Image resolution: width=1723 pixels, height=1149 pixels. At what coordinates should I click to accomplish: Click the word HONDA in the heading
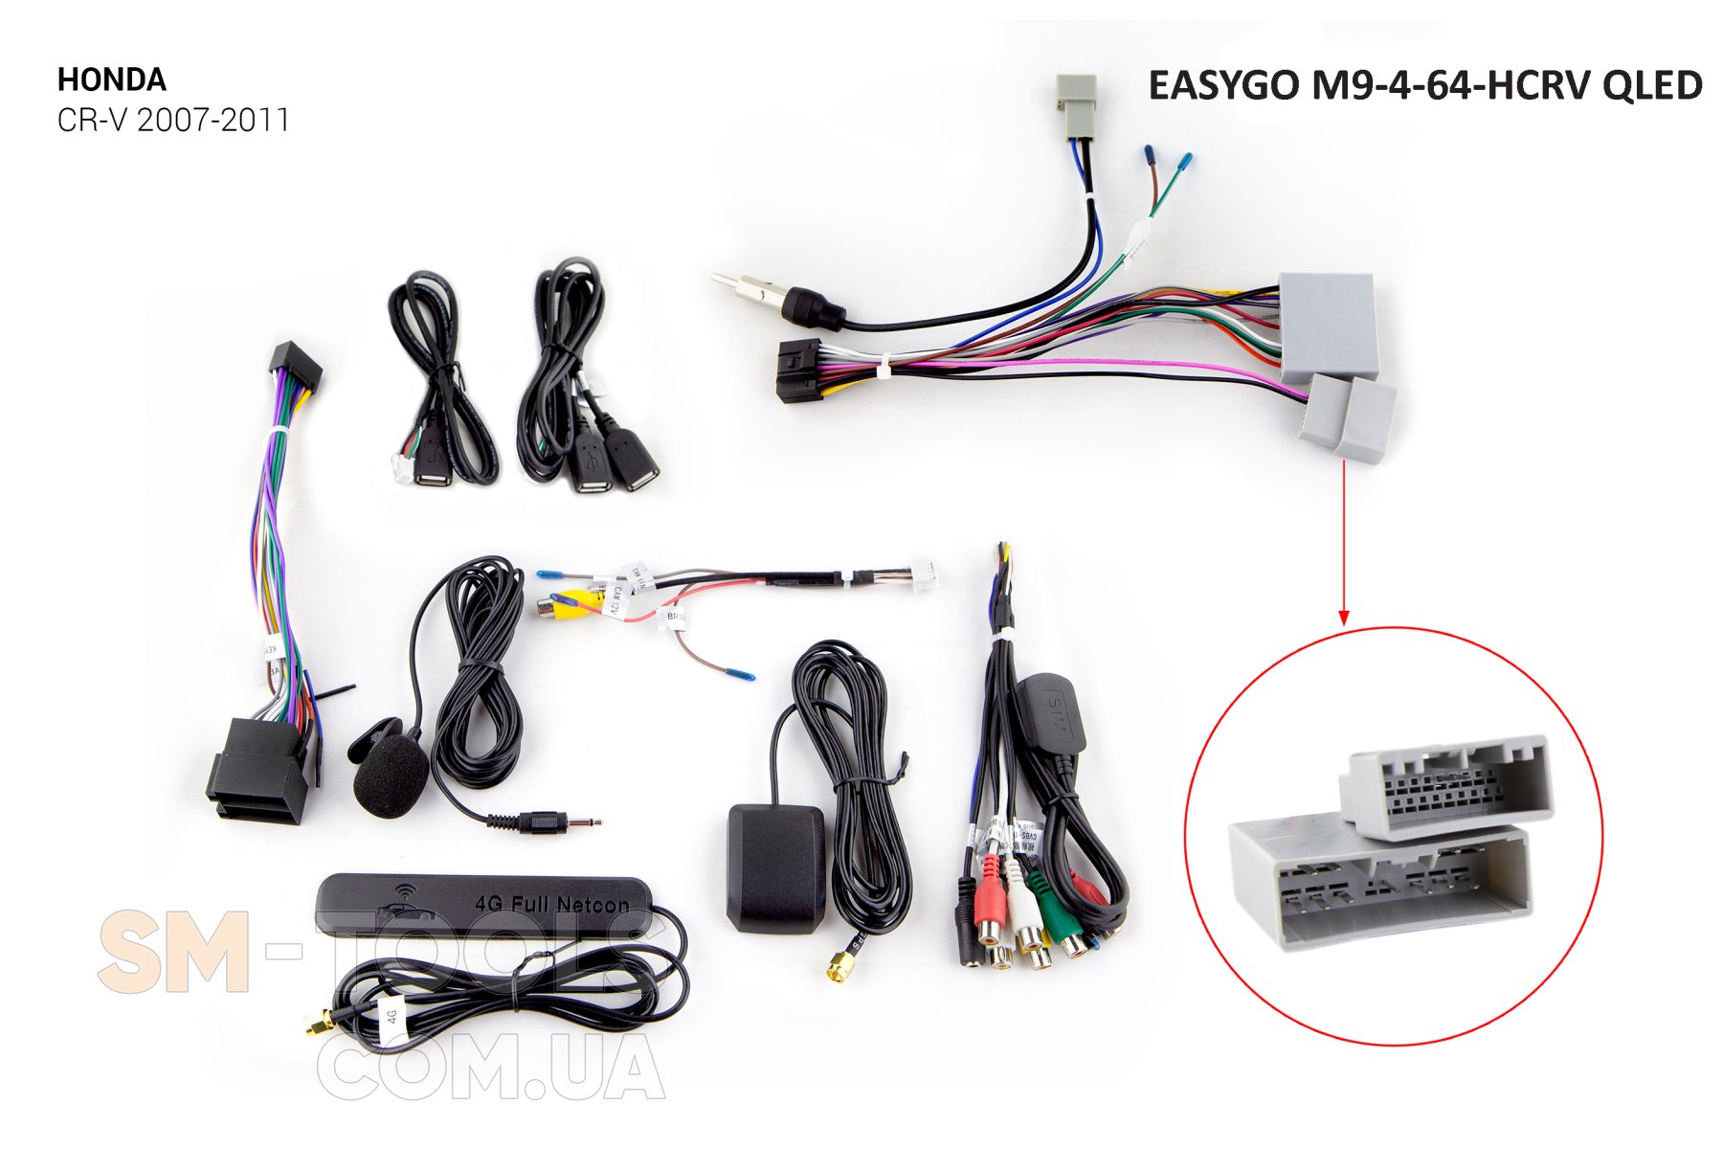111,79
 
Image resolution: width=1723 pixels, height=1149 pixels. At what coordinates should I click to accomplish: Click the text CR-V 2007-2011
172,121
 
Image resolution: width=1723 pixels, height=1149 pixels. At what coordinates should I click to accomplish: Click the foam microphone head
391,778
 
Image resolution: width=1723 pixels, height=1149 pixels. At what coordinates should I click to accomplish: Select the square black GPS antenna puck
774,867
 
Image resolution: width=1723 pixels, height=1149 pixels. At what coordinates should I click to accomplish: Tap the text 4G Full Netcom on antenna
552,903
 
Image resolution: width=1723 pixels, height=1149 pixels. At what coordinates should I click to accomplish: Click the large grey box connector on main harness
1328,327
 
